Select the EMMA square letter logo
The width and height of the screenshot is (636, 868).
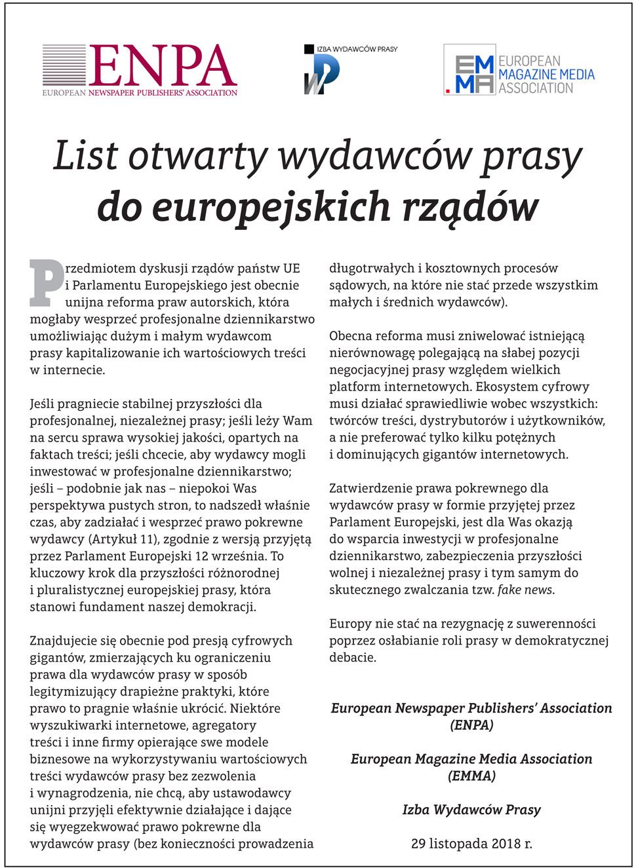469,74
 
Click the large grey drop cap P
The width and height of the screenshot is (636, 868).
47,283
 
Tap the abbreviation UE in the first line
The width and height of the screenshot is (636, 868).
291,269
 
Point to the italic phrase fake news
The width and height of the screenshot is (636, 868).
525,590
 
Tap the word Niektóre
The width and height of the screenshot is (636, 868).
255,708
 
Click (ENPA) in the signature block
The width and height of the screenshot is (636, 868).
471,725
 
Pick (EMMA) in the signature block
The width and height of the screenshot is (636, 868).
471,776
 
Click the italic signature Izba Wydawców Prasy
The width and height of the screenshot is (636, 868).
471,810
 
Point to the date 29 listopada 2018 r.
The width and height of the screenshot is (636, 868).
471,844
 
